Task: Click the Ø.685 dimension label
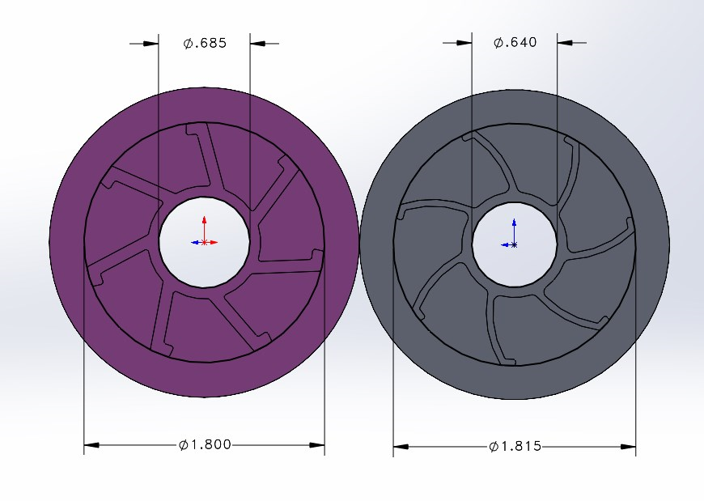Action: point(205,43)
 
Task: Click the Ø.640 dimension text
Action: point(515,42)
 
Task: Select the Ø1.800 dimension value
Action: point(205,445)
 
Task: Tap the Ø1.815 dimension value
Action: point(515,447)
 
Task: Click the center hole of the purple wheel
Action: point(204,242)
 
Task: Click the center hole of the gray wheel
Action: point(515,244)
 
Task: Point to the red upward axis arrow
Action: point(204,229)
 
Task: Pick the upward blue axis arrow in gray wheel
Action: point(514,231)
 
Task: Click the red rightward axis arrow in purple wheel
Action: point(211,243)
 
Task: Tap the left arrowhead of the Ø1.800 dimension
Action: point(91,445)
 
